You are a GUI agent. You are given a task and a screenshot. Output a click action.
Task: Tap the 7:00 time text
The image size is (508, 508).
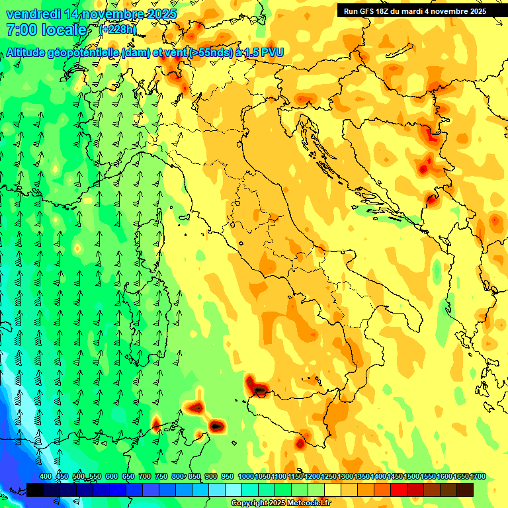(x=21, y=30)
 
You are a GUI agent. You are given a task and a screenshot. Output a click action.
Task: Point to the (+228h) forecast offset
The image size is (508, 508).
(x=118, y=30)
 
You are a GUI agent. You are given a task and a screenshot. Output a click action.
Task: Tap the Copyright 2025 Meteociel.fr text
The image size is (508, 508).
(x=281, y=503)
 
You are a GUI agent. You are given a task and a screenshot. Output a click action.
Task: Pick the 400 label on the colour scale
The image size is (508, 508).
(x=46, y=476)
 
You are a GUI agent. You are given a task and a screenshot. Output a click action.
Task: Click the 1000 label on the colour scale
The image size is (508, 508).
(x=245, y=476)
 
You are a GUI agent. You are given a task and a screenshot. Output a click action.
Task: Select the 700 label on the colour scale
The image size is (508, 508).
(x=145, y=476)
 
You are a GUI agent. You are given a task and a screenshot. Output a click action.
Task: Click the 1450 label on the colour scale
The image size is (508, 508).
(x=395, y=476)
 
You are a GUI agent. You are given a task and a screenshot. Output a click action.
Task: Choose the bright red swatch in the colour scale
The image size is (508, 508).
(x=398, y=489)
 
